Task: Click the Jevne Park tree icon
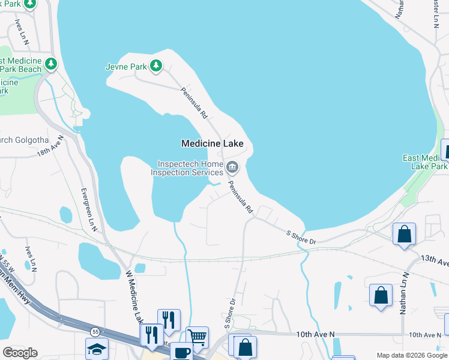156,65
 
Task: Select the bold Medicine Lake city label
212,144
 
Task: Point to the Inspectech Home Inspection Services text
187,168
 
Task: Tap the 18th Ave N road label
50,146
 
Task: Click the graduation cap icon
97,349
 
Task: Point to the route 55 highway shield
95,331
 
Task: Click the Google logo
20,353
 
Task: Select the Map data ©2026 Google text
412,355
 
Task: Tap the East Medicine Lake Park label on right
425,162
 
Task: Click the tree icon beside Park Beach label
52,63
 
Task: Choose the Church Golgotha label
17,140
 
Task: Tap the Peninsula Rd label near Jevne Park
194,102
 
